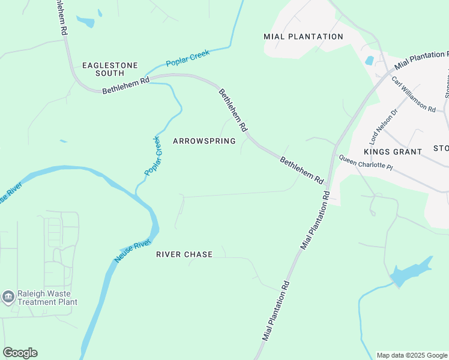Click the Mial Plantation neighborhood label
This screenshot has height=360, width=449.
tap(304, 37)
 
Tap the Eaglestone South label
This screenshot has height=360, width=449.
tap(110, 69)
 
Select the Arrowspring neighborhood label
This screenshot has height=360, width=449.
tap(204, 141)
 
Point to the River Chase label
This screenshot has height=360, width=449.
tap(184, 254)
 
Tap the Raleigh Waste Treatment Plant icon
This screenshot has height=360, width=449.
tap(8, 297)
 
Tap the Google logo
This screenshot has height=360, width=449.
tap(20, 353)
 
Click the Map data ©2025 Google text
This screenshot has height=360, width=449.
tap(412, 355)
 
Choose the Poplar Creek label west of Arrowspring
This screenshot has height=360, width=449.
tap(153, 156)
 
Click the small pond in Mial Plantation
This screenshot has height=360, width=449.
tap(369, 61)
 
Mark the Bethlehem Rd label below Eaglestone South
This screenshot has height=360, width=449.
tap(125, 86)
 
